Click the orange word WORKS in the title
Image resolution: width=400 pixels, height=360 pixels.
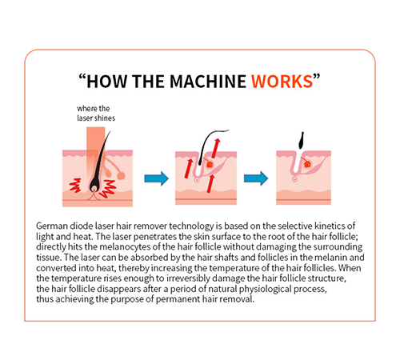click(x=282, y=82)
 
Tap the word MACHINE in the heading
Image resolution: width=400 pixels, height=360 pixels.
click(x=208, y=82)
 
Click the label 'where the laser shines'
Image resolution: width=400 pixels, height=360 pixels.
click(x=96, y=114)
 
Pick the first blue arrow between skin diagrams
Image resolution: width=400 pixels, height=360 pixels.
click(x=157, y=178)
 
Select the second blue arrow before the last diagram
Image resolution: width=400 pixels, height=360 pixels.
click(x=256, y=178)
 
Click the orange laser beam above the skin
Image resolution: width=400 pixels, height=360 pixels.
click(x=95, y=142)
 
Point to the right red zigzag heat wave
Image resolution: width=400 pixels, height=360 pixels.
click(x=109, y=189)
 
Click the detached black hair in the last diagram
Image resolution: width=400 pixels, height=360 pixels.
click(x=301, y=140)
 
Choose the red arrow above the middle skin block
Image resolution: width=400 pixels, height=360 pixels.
click(x=216, y=147)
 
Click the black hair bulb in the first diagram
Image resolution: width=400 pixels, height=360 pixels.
click(x=94, y=183)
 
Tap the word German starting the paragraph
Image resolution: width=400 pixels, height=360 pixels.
click(x=52, y=226)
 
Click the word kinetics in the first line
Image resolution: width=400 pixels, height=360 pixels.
click(x=330, y=226)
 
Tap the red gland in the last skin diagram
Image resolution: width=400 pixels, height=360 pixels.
click(x=307, y=163)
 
